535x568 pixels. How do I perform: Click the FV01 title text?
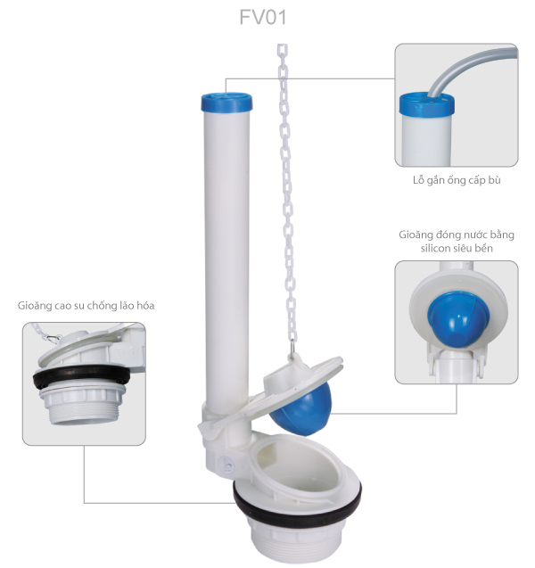263,17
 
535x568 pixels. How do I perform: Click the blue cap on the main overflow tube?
226,102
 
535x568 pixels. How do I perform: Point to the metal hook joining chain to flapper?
292,348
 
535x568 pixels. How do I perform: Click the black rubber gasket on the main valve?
297,502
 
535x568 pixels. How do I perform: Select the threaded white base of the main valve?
295,539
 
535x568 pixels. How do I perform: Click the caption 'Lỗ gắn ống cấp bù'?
457,180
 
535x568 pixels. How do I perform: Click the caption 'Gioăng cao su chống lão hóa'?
86,306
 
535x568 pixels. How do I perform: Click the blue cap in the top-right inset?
427,103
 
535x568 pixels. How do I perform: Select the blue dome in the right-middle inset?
458,319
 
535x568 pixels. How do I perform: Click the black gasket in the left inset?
81,375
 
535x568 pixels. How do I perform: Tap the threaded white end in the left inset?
83,407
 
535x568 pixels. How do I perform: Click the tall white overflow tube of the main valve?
226,260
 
